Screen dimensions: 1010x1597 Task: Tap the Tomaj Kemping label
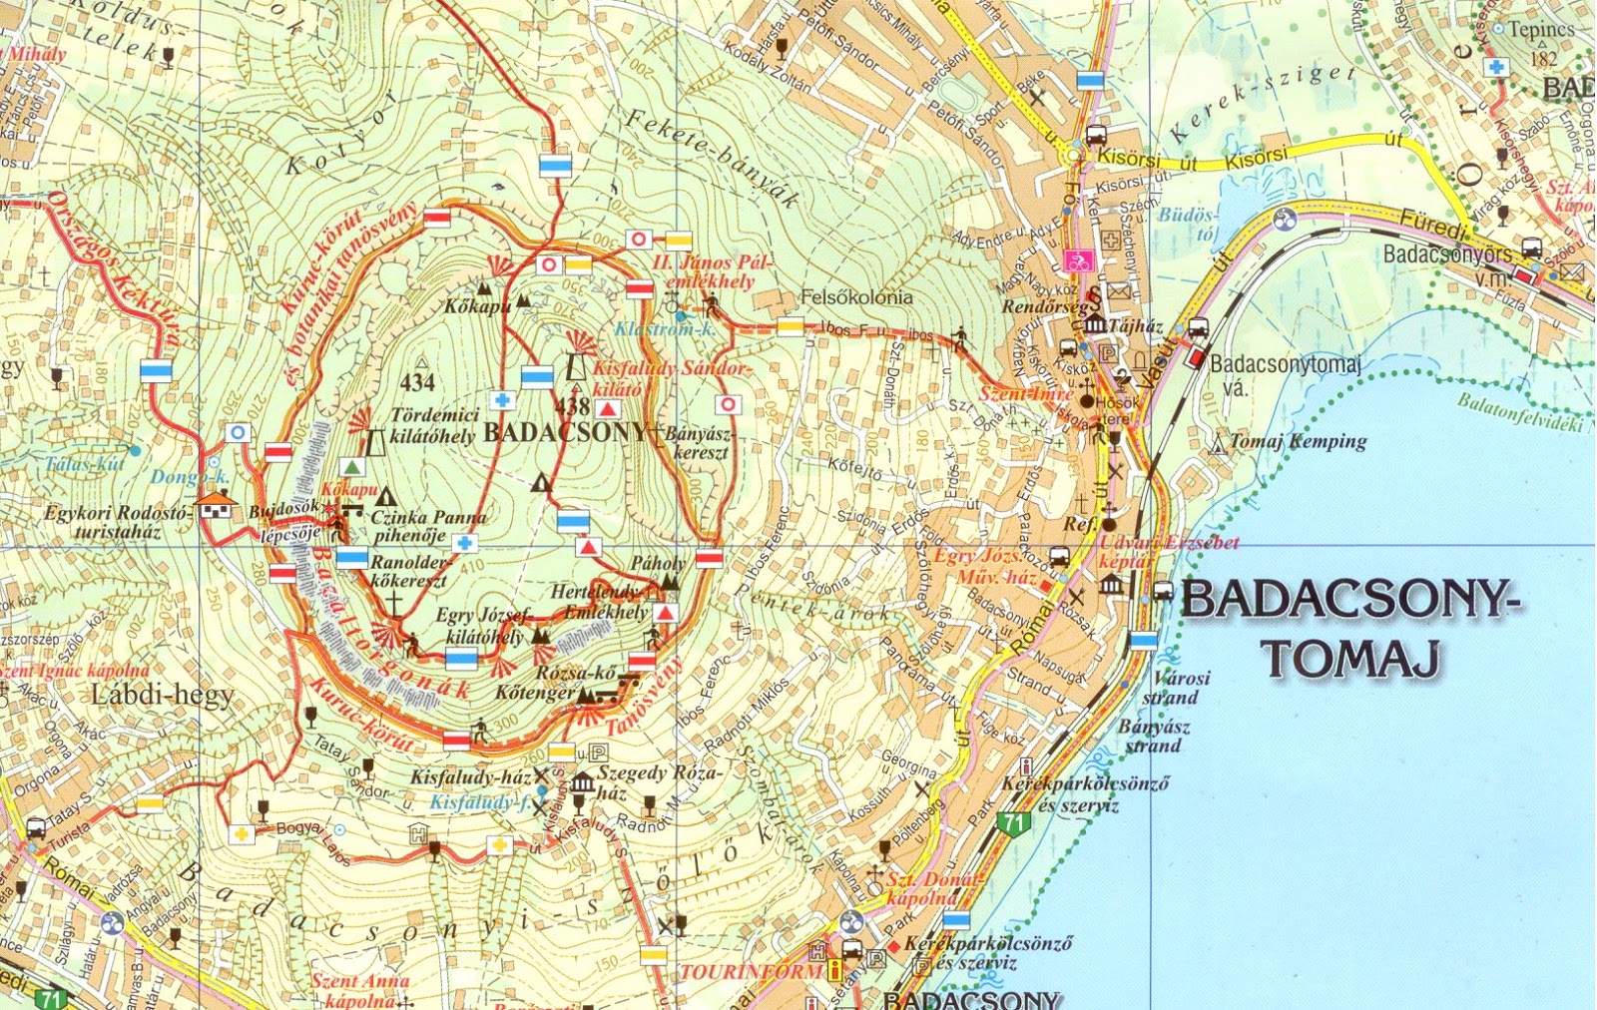[x=1298, y=441]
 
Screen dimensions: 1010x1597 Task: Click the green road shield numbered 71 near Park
[x=1014, y=823]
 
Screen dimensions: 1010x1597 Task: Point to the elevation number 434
[x=417, y=381]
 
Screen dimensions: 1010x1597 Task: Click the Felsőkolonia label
[x=856, y=296]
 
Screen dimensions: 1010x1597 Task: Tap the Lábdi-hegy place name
[x=162, y=695]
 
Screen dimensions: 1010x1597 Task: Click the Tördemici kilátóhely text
[x=432, y=425]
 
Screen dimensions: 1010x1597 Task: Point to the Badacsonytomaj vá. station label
[x=1284, y=373]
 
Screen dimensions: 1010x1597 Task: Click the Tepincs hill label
[x=1540, y=30]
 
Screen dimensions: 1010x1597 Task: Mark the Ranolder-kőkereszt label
[x=409, y=571]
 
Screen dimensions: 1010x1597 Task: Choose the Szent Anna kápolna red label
[x=359, y=989]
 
